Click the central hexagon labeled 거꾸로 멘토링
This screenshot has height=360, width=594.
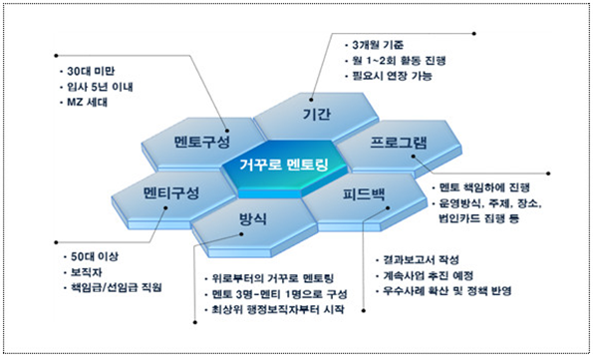point(283,165)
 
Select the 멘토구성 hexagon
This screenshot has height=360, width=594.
point(202,141)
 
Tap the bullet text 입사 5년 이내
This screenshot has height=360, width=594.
point(93,88)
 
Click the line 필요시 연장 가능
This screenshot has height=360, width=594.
point(397,75)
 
